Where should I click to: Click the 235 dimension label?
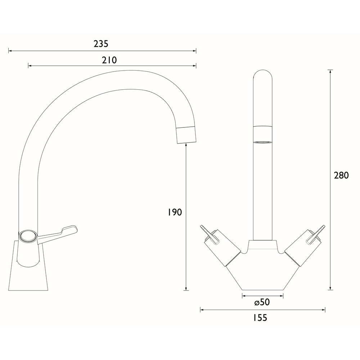(x=101, y=44)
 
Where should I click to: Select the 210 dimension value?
(x=109, y=60)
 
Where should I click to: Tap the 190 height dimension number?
(x=175, y=212)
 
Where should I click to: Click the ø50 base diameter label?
(x=262, y=303)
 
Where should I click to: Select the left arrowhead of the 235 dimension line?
(x=10, y=51)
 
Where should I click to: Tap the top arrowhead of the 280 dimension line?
(x=330, y=71)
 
